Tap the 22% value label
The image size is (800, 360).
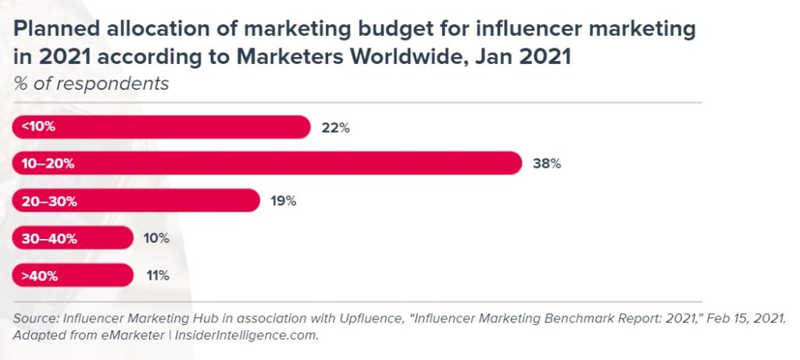click(336, 128)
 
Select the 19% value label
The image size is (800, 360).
click(284, 201)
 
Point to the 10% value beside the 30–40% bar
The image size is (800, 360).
click(156, 238)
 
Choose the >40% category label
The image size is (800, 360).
click(39, 275)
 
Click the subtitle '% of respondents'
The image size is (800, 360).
click(91, 84)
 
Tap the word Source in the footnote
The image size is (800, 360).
click(33, 319)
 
